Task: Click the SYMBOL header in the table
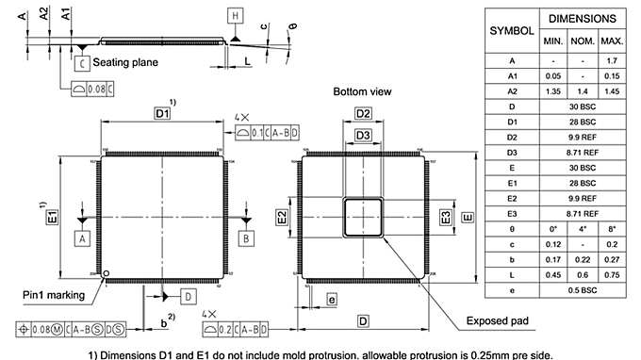tap(511, 30)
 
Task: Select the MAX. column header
tap(612, 42)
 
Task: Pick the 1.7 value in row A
tap(612, 60)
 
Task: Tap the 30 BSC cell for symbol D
tap(583, 106)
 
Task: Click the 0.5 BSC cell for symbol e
tap(583, 289)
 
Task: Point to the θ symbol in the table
tap(511, 229)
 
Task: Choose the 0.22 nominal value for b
tap(583, 259)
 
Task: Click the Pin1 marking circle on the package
tap(106, 274)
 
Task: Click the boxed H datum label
tap(235, 14)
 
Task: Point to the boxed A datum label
tap(82, 239)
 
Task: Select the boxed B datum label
tap(246, 239)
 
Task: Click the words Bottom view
tap(362, 91)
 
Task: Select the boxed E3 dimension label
tap(446, 217)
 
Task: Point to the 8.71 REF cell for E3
tap(583, 213)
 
